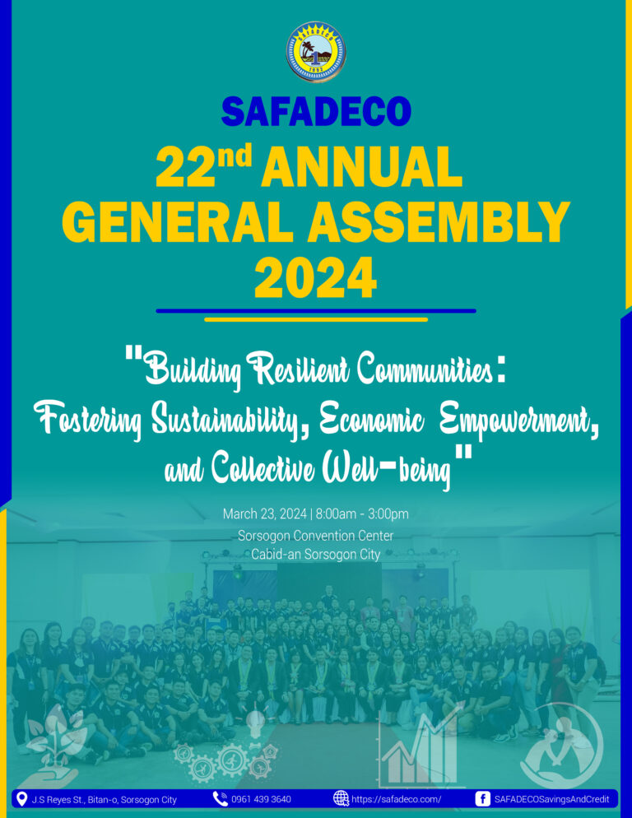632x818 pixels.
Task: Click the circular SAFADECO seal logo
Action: click(x=316, y=52)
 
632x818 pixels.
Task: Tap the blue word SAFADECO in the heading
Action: click(x=316, y=112)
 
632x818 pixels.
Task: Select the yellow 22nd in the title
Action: click(x=203, y=166)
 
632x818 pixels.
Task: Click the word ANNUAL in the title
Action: click(x=361, y=167)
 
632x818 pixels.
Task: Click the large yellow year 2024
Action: click(x=316, y=277)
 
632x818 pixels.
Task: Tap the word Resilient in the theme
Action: click(x=301, y=370)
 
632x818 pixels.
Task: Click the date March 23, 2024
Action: click(x=265, y=514)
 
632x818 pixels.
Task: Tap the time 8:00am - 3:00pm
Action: click(x=362, y=514)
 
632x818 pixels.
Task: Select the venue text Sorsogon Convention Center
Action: click(x=316, y=536)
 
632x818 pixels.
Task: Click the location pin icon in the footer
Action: click(x=22, y=799)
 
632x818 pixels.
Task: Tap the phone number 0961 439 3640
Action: click(x=261, y=799)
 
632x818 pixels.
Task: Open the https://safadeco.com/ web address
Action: click(x=396, y=799)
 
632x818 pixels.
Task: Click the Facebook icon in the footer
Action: click(x=483, y=799)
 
